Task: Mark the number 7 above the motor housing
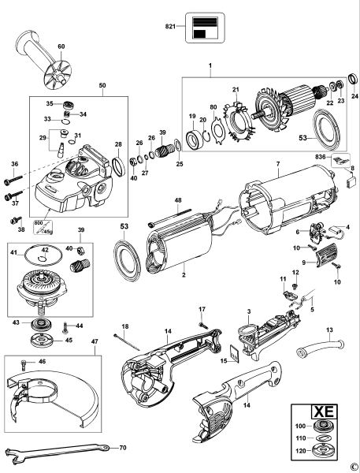point(277,163)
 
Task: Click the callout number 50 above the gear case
point(102,84)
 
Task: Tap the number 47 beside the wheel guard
point(94,343)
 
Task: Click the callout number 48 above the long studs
point(178,200)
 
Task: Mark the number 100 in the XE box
point(300,426)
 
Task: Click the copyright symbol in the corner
point(354,467)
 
